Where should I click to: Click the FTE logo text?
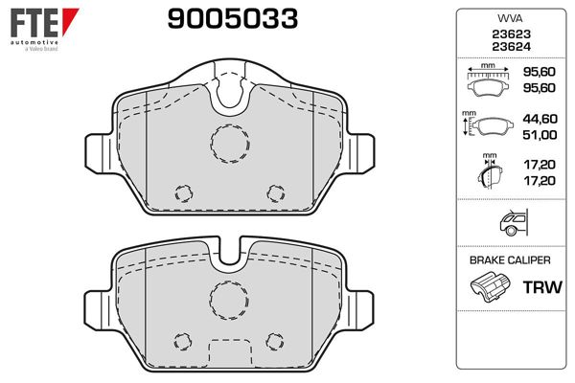point(34,23)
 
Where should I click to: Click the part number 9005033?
point(233,19)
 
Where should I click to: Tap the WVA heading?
point(510,18)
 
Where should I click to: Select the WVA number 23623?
point(511,34)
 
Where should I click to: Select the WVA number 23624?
point(511,47)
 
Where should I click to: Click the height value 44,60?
point(540,119)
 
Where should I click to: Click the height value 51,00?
point(540,135)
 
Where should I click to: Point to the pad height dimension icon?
point(487,124)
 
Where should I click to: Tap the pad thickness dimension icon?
point(490,171)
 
